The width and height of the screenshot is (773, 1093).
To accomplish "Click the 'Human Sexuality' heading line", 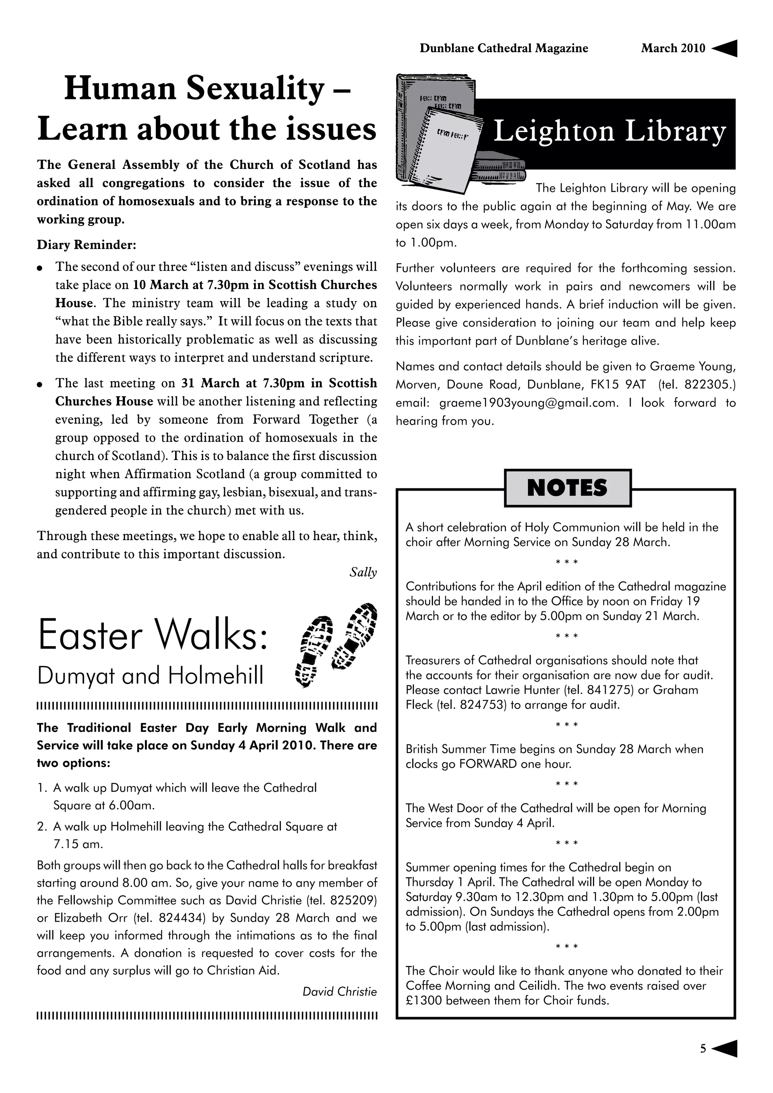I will click(208, 89).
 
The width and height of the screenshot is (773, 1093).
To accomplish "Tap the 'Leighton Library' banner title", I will click(609, 132).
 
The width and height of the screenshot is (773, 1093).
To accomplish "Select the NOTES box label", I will click(567, 488).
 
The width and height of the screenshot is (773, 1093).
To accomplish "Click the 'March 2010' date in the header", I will click(673, 48).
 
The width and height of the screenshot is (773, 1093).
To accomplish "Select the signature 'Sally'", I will click(363, 572).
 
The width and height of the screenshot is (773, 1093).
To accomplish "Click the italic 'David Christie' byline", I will click(339, 991).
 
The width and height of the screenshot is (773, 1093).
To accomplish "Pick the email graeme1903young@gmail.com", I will click(528, 403).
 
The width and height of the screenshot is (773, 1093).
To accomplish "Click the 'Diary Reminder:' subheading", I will click(87, 245).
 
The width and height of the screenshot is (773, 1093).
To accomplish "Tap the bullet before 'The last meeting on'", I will click(40, 384).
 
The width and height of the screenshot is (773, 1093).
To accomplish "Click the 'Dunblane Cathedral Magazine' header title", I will click(504, 48).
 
